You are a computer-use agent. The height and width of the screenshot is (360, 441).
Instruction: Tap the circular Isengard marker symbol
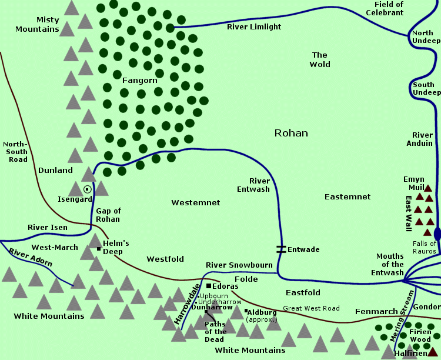point(88,189)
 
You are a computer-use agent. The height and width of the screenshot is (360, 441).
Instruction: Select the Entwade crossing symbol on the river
point(281,249)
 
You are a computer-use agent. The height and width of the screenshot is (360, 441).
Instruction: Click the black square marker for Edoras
point(208,286)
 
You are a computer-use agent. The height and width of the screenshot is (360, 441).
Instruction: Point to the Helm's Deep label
point(115,246)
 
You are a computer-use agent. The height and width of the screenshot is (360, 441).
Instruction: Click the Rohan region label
point(291,134)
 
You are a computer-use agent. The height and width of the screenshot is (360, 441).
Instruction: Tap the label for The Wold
point(320,59)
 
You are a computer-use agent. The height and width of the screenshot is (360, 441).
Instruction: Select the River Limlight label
point(254,27)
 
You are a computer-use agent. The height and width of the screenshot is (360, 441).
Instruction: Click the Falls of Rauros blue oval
point(437,234)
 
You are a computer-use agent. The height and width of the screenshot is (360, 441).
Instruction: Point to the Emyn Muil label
point(414,183)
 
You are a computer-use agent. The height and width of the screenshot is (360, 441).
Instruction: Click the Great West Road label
point(311,308)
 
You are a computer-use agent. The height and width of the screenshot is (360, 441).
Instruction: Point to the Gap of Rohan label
point(108,215)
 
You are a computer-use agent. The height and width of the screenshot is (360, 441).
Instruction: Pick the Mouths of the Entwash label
point(387,265)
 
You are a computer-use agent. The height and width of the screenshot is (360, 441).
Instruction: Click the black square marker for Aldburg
point(246,311)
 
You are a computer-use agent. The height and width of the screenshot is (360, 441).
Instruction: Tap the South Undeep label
point(423,89)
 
